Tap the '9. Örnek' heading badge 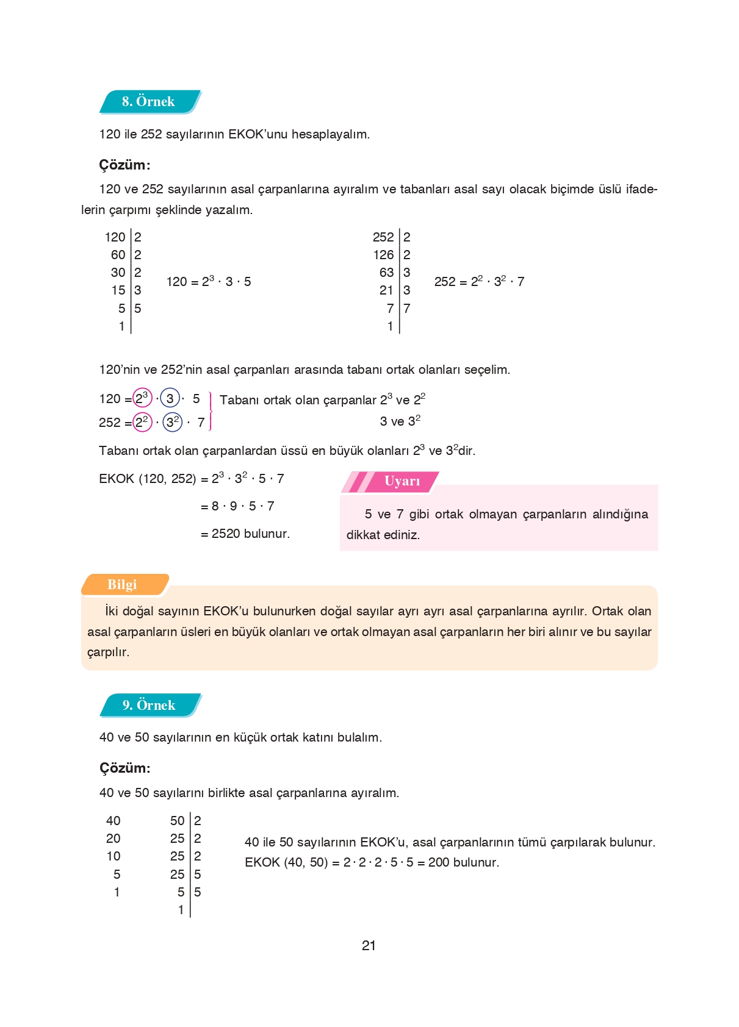[149, 705]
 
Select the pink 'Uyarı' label [402, 481]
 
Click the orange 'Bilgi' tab [122, 584]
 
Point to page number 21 [369, 945]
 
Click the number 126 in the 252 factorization [383, 255]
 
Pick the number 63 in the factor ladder [386, 273]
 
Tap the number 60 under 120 [118, 255]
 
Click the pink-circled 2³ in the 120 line [142, 398]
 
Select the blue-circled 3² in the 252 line [173, 422]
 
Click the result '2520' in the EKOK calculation [226, 534]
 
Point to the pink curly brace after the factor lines [211, 411]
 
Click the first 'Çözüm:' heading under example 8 [124, 165]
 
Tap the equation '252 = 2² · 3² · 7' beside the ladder [479, 282]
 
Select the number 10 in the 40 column [114, 856]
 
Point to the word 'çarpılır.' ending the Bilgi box [108, 652]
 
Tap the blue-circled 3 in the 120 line [170, 399]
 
